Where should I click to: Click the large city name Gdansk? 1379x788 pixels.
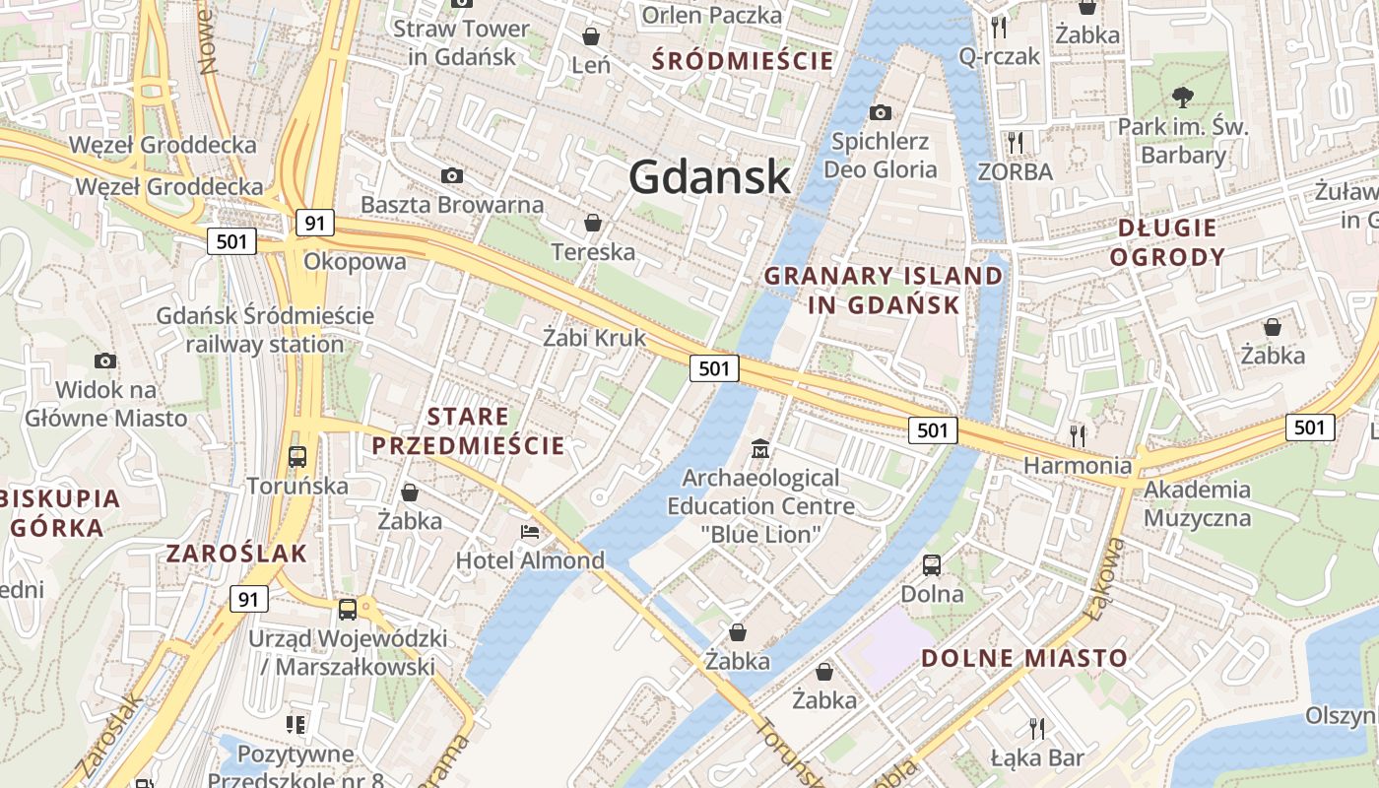click(x=709, y=177)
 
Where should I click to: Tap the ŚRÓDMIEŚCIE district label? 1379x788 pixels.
click(x=744, y=61)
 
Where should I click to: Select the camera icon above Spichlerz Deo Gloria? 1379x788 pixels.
click(x=880, y=112)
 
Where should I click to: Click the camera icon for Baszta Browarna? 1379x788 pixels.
click(x=452, y=175)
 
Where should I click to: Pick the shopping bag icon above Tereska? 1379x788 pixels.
click(x=593, y=223)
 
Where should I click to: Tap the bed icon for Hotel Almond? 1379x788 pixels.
click(x=530, y=533)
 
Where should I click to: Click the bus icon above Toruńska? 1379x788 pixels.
click(x=297, y=457)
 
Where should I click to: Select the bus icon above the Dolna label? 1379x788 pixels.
click(x=932, y=565)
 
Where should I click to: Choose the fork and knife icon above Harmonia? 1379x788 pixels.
click(x=1079, y=434)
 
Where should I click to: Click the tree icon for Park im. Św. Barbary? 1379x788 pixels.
click(x=1183, y=98)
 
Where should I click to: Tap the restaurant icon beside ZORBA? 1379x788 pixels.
click(x=1016, y=143)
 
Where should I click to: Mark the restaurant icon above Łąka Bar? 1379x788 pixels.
click(x=1036, y=729)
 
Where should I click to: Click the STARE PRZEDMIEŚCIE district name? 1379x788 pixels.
click(x=468, y=430)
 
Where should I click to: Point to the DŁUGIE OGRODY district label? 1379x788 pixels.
click(x=1167, y=242)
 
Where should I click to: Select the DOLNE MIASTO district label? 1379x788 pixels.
click(x=1024, y=658)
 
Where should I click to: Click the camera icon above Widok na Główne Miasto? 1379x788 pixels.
click(x=105, y=361)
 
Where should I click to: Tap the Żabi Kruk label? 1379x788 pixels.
click(x=595, y=337)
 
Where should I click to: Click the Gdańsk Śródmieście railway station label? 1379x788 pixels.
click(x=265, y=330)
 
